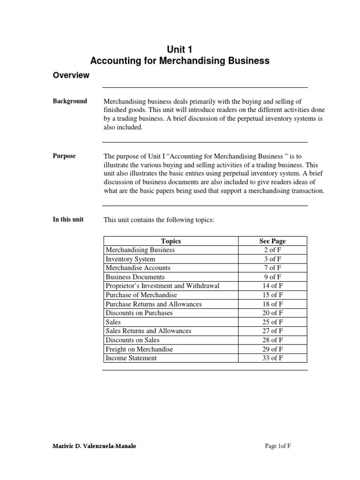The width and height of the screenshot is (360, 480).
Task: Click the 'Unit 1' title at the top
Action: click(180, 49)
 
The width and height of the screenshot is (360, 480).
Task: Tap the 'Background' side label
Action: click(70, 101)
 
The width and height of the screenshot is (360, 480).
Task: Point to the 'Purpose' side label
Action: click(64, 156)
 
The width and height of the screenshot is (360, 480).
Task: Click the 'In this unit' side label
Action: click(68, 219)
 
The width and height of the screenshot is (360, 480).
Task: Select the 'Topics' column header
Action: click(171, 241)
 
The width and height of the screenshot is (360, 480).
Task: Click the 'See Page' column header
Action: click(272, 241)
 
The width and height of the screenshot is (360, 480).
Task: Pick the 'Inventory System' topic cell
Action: click(130, 259)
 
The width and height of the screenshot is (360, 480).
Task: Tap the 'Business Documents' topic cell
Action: click(135, 277)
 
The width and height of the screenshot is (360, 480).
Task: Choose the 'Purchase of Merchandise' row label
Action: click(141, 295)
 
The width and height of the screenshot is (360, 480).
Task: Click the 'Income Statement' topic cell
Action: click(131, 358)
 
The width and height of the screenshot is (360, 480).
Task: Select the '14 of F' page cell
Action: click(272, 286)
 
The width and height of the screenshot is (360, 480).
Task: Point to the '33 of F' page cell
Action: click(272, 358)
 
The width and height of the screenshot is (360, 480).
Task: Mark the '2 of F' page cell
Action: click(272, 250)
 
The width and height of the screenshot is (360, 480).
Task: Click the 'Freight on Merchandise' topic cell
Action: click(139, 349)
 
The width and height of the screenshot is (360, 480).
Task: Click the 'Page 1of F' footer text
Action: click(278, 446)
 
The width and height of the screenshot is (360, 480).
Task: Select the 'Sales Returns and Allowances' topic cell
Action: click(148, 331)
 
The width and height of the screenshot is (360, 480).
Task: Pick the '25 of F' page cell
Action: click(272, 322)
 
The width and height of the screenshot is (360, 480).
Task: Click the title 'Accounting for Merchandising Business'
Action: click(180, 61)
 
